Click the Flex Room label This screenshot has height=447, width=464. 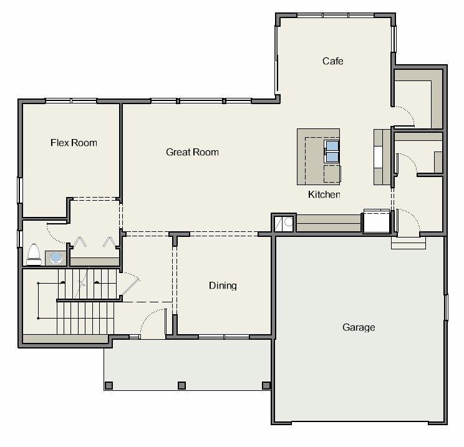pos(74,143)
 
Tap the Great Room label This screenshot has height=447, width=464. pos(192,152)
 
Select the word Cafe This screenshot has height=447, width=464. pos(333,61)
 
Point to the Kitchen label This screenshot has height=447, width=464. pos(324,195)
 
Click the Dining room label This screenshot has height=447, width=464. pos(223,286)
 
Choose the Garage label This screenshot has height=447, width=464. pos(359,327)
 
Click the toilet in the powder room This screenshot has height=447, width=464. pos(34,254)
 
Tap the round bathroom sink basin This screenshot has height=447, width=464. pos(56,257)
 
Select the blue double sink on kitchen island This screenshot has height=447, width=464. pos(332,151)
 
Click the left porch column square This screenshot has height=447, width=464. pos(109,385)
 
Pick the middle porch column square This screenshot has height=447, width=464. pos(181,385)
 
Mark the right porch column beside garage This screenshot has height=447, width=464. pos(266,385)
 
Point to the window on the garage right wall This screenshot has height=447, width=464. pos(447,307)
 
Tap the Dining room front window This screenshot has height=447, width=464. pos(224,337)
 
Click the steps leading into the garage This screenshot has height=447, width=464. pos(408,243)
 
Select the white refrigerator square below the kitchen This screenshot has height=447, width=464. pos(377,221)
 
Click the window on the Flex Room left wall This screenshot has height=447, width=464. pos(20,190)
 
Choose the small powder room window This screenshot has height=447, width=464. pos(20,239)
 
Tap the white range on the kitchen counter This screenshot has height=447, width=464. pos(379,157)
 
